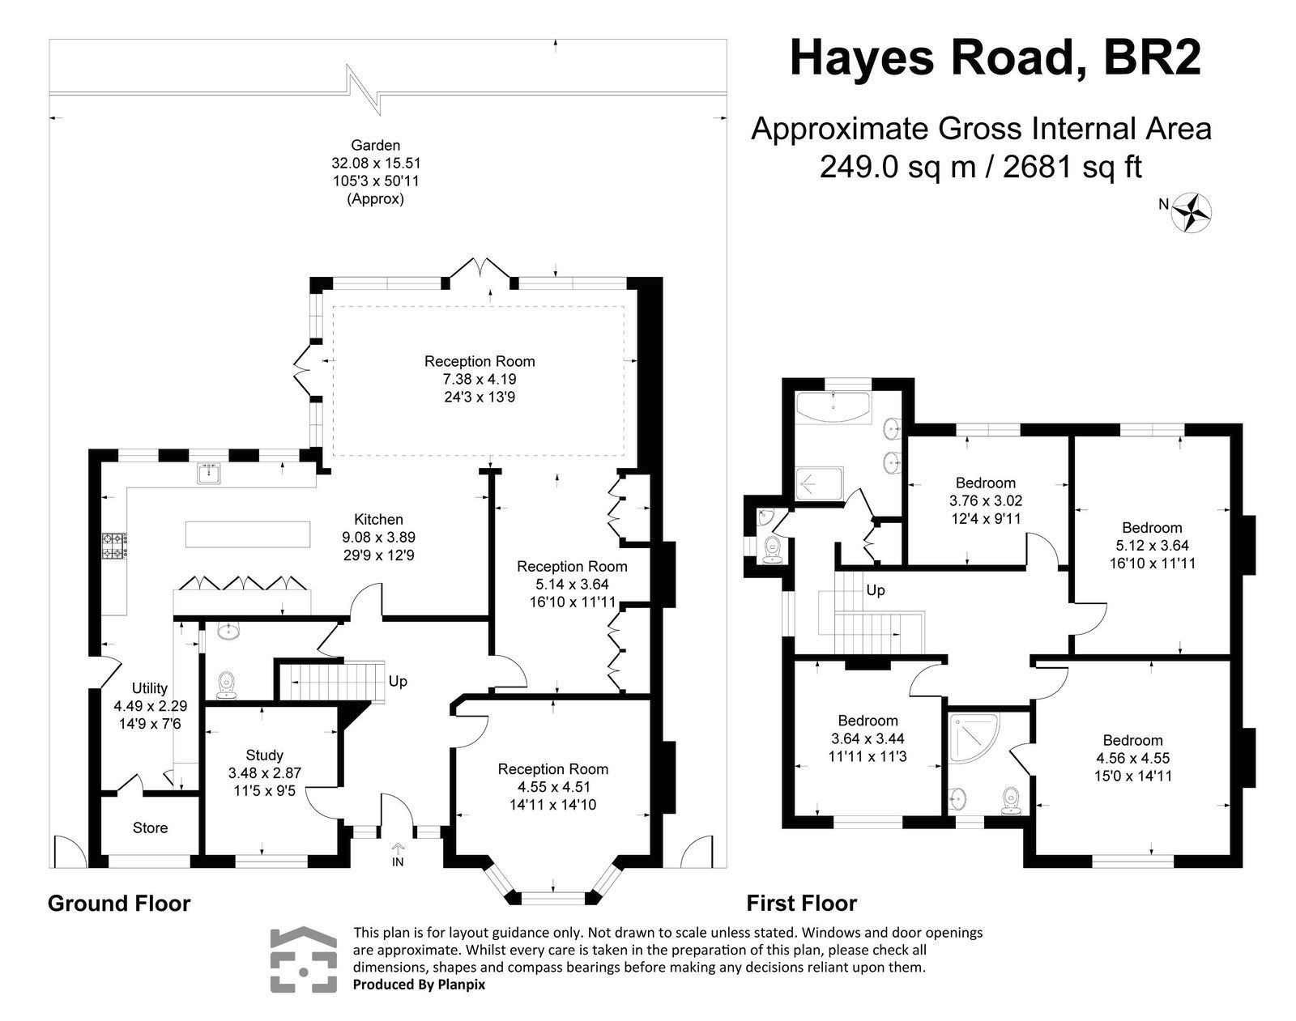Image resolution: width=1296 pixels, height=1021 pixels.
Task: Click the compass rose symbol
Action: [1193, 213]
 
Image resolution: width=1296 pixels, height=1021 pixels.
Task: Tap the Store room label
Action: [150, 827]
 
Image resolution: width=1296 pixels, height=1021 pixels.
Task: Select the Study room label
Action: [264, 755]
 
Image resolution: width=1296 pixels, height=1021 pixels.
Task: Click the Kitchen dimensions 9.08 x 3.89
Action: [378, 537]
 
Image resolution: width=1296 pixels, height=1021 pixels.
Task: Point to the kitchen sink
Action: [209, 473]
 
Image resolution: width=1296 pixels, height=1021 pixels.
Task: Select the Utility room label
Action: [150, 688]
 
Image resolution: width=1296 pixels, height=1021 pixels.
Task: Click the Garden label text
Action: [375, 146]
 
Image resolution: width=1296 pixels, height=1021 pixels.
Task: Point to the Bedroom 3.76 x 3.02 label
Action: [985, 483]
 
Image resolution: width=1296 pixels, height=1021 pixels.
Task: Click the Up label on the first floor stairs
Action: [876, 590]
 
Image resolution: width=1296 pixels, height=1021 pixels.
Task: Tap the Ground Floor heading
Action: [119, 904]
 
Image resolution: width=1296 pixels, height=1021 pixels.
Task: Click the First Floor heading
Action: [801, 903]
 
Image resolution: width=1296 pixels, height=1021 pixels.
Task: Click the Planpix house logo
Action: [303, 959]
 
